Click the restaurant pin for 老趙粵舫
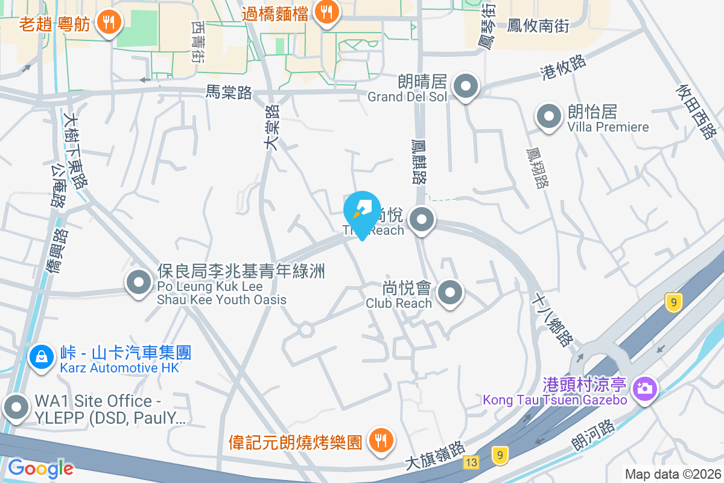click(x=109, y=23)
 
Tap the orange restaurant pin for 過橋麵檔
click(x=326, y=12)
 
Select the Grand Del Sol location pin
click(x=466, y=86)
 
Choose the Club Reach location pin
click(x=449, y=293)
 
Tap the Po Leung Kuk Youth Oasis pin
click(x=139, y=282)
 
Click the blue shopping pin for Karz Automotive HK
click(x=41, y=356)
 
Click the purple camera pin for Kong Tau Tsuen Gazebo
click(x=645, y=388)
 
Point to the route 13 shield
click(x=471, y=462)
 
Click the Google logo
click(x=40, y=468)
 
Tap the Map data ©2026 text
click(x=673, y=474)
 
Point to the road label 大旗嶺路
click(x=435, y=455)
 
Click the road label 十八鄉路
click(x=553, y=321)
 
